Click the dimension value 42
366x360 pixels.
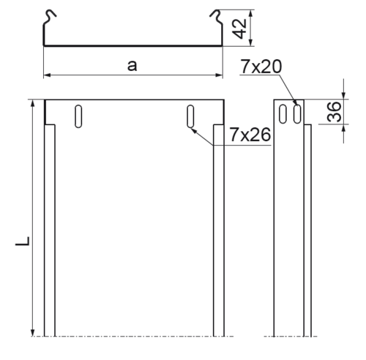(x=240, y=29)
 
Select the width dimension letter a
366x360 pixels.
(x=132, y=65)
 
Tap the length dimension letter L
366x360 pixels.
(x=23, y=241)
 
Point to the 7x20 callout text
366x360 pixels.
(x=261, y=67)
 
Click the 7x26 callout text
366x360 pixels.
(x=250, y=135)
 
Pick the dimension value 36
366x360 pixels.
(x=335, y=112)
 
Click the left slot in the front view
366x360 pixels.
(x=78, y=116)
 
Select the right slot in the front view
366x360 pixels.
(x=190, y=116)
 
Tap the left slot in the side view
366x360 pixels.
(x=283, y=113)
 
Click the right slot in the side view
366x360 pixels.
(x=297, y=113)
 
